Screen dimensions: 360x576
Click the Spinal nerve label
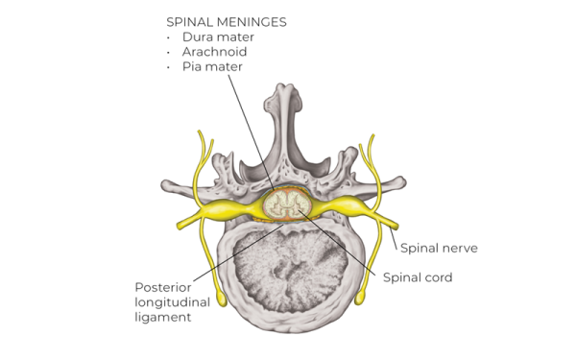(x=439, y=248)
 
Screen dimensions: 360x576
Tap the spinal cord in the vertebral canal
(x=286, y=204)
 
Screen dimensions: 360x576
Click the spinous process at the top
(x=287, y=106)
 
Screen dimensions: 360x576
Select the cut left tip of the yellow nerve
(x=180, y=226)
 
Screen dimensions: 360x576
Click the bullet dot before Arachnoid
(x=169, y=52)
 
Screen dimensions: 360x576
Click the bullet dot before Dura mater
(x=169, y=36)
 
